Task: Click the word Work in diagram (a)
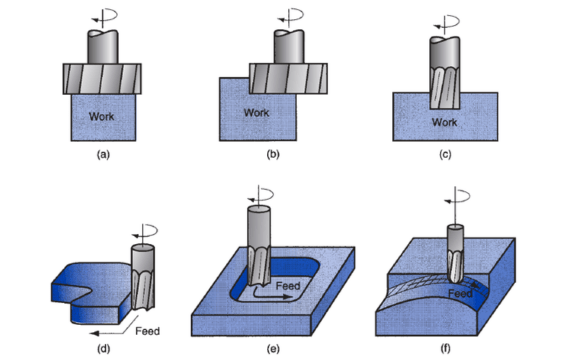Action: point(101,116)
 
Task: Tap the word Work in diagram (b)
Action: point(256,113)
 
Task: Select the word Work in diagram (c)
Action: point(444,122)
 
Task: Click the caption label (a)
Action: point(103,155)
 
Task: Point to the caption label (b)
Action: point(273,155)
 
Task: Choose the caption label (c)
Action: point(445,155)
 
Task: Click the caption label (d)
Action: point(104,349)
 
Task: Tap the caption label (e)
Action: point(273,349)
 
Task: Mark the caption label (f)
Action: point(445,349)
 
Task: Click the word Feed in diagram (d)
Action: point(147,331)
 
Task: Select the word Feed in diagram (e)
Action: point(288,286)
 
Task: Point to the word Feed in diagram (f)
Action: point(460,293)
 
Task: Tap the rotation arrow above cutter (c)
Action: point(447,25)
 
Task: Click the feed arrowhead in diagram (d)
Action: point(95,333)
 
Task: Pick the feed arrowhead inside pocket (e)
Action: point(288,297)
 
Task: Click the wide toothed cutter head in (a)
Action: point(102,79)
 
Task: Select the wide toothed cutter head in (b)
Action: point(288,79)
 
